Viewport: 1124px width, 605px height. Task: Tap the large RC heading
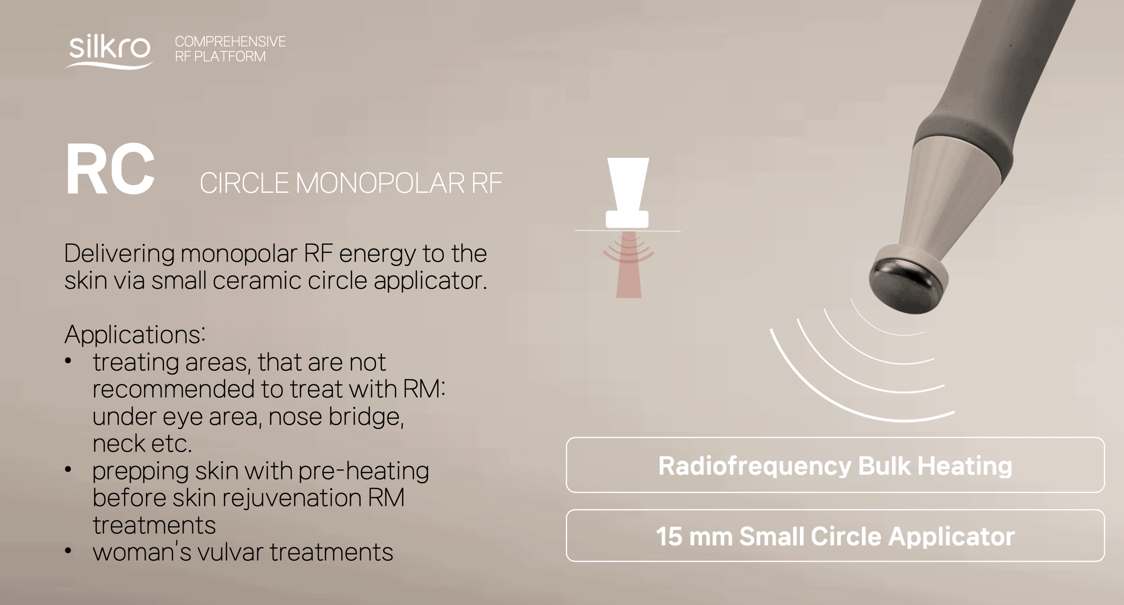pyautogui.click(x=110, y=170)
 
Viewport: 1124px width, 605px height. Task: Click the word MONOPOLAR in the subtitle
pyautogui.click(x=379, y=183)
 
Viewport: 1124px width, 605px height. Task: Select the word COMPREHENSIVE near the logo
pyautogui.click(x=230, y=41)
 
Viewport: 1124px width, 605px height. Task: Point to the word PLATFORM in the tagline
pyautogui.click(x=230, y=57)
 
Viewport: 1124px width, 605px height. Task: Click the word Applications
pyautogui.click(x=135, y=334)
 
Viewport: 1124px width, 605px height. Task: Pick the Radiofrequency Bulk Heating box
pyautogui.click(x=835, y=465)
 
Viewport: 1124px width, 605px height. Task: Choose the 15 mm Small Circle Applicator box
pyautogui.click(x=835, y=535)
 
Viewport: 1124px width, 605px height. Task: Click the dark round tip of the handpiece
pyautogui.click(x=904, y=285)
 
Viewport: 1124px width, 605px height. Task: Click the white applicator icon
pyautogui.click(x=627, y=192)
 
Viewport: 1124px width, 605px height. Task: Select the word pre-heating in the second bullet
pyautogui.click(x=363, y=471)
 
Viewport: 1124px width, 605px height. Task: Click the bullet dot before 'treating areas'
pyautogui.click(x=68, y=361)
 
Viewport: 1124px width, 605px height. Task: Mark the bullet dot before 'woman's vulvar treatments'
pyautogui.click(x=68, y=551)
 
